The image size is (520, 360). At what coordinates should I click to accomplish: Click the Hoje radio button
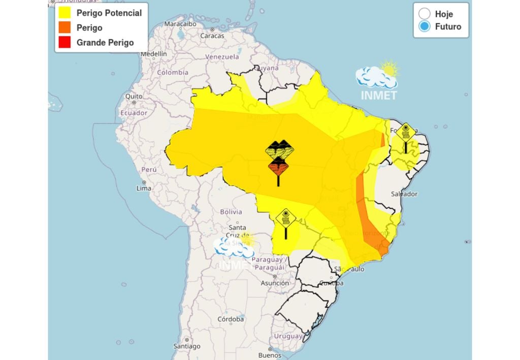coord(425,14)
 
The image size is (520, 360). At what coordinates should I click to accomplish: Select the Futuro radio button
coord(425,27)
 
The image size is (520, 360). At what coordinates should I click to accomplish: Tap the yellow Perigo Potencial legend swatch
coord(64,13)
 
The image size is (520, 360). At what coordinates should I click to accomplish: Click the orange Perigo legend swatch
coord(64,27)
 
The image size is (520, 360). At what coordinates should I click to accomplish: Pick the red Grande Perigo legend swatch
coord(64,42)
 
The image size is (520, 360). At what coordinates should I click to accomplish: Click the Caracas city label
coord(212,36)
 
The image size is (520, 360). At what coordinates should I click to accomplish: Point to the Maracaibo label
coord(180,24)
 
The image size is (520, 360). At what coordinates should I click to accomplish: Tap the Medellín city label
coord(153,53)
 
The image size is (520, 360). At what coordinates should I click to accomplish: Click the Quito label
coord(134,96)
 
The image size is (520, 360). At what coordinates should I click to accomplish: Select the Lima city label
coord(144,188)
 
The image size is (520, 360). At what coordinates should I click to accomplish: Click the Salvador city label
coord(404,194)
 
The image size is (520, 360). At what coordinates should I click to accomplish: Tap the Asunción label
coord(275,283)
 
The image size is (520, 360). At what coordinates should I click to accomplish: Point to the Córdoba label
coord(231,319)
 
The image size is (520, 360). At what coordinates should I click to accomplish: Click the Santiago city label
coord(186,346)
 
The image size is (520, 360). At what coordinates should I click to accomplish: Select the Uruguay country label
coord(288,336)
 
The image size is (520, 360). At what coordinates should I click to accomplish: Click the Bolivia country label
coord(231,211)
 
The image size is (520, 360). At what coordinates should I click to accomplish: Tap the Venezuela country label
coord(222,57)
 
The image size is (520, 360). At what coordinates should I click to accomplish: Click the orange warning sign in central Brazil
coord(278,167)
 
